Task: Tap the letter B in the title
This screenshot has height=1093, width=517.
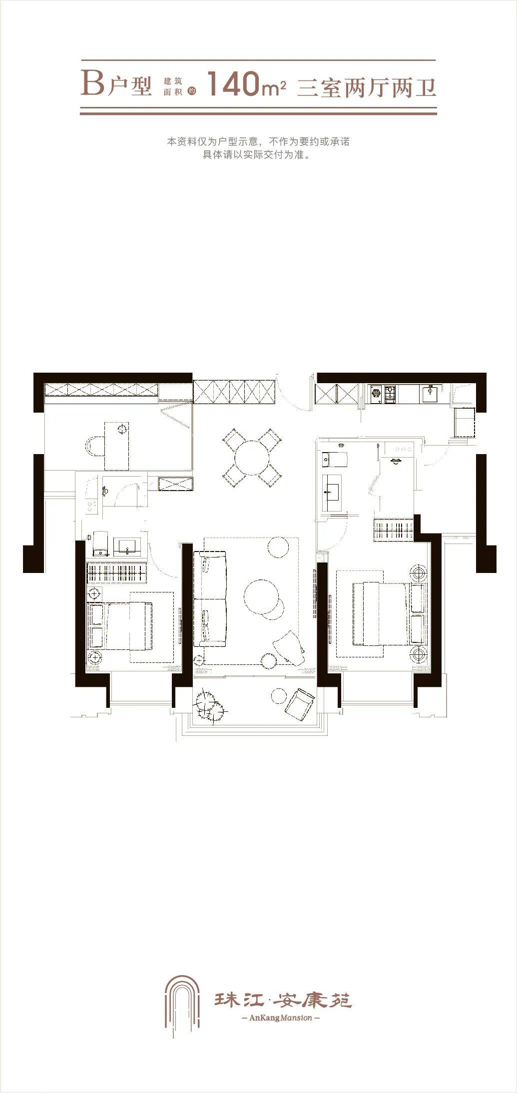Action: click(92, 83)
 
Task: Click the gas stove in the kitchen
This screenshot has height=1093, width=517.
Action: click(383, 394)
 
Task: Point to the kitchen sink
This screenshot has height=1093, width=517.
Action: click(431, 393)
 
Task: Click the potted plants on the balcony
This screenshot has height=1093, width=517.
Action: click(210, 705)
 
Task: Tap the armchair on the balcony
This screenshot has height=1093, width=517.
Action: click(300, 704)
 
